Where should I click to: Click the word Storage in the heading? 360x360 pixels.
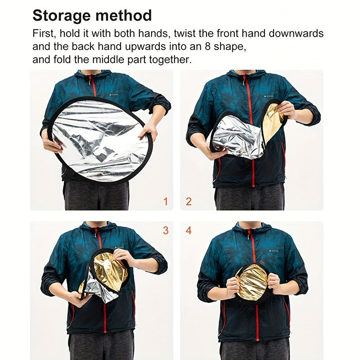tap(62, 16)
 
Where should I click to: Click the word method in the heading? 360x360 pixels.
tap(123, 15)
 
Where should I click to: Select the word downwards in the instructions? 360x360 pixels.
tap(296, 33)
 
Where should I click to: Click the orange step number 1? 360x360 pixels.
tap(166, 202)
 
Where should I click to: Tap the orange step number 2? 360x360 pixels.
tap(189, 202)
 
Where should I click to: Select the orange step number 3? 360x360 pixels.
tap(166, 230)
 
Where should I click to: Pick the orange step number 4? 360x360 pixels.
tap(189, 230)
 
